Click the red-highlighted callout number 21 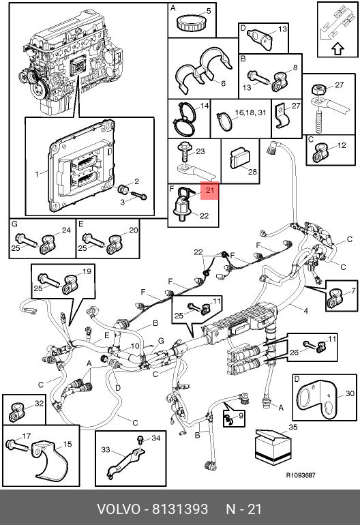coord(209,190)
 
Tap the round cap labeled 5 coord(187,22)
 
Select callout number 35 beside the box coord(292,427)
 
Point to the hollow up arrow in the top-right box coord(338,49)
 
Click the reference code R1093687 coord(301,475)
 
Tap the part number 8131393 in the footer coord(180,509)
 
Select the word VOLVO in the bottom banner coord(118,509)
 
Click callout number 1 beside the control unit coord(37,174)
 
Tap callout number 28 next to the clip coord(252,171)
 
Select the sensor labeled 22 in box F coord(183,209)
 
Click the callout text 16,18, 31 coord(250,112)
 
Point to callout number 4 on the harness coord(305,311)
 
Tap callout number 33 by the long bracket coord(106,449)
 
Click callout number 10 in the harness coord(134,346)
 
